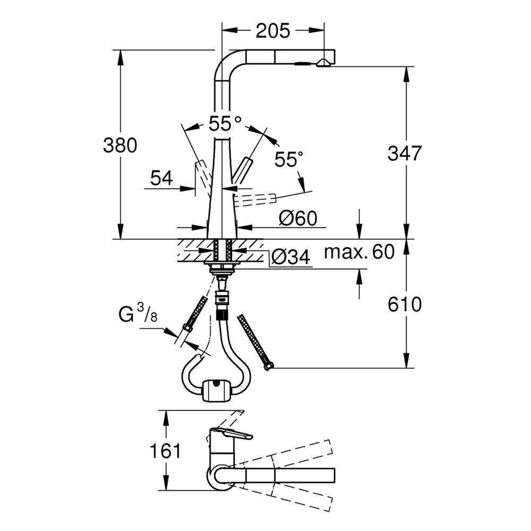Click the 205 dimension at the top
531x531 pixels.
point(273,31)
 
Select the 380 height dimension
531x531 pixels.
point(120,145)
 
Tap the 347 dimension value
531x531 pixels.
point(405,154)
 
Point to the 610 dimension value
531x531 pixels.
point(405,304)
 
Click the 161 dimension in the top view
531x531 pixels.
point(166,451)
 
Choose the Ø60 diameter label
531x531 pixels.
point(298,218)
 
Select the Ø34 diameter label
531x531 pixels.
point(291,258)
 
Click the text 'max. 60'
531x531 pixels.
point(359,252)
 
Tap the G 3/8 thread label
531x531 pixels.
point(138,314)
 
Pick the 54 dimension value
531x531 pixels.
point(162,178)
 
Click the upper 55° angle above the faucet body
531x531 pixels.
point(225,124)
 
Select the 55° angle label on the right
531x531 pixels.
point(288,159)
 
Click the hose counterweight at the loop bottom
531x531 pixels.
point(217,390)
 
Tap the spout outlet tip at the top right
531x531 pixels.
point(323,63)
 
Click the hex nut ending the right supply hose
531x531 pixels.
point(269,367)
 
